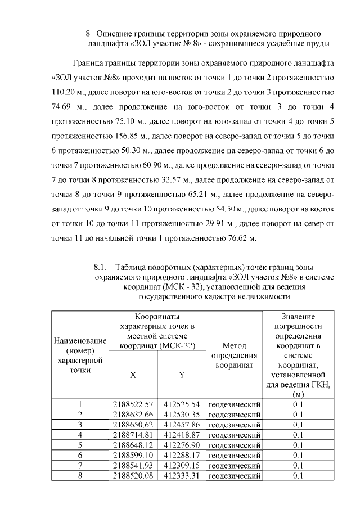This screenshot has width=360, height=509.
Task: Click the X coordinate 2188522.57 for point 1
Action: point(133,404)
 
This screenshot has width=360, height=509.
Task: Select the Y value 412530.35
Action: point(182,415)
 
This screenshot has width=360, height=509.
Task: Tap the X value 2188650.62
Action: point(133,425)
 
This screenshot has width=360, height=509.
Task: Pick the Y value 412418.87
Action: point(182,435)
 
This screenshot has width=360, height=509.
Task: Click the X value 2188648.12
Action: point(133,445)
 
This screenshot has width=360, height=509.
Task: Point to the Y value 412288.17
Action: point(182,455)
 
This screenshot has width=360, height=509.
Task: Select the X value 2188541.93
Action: point(133,465)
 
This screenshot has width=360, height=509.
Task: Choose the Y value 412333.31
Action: point(182,475)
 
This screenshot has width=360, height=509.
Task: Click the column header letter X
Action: point(133,375)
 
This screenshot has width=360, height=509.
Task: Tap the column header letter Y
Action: point(182,375)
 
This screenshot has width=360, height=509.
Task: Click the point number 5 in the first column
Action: point(80,445)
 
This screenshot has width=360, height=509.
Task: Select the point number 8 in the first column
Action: point(80,475)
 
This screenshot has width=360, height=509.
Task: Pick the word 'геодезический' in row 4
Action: point(235,435)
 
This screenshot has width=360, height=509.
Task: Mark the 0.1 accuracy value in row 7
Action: point(298,465)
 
